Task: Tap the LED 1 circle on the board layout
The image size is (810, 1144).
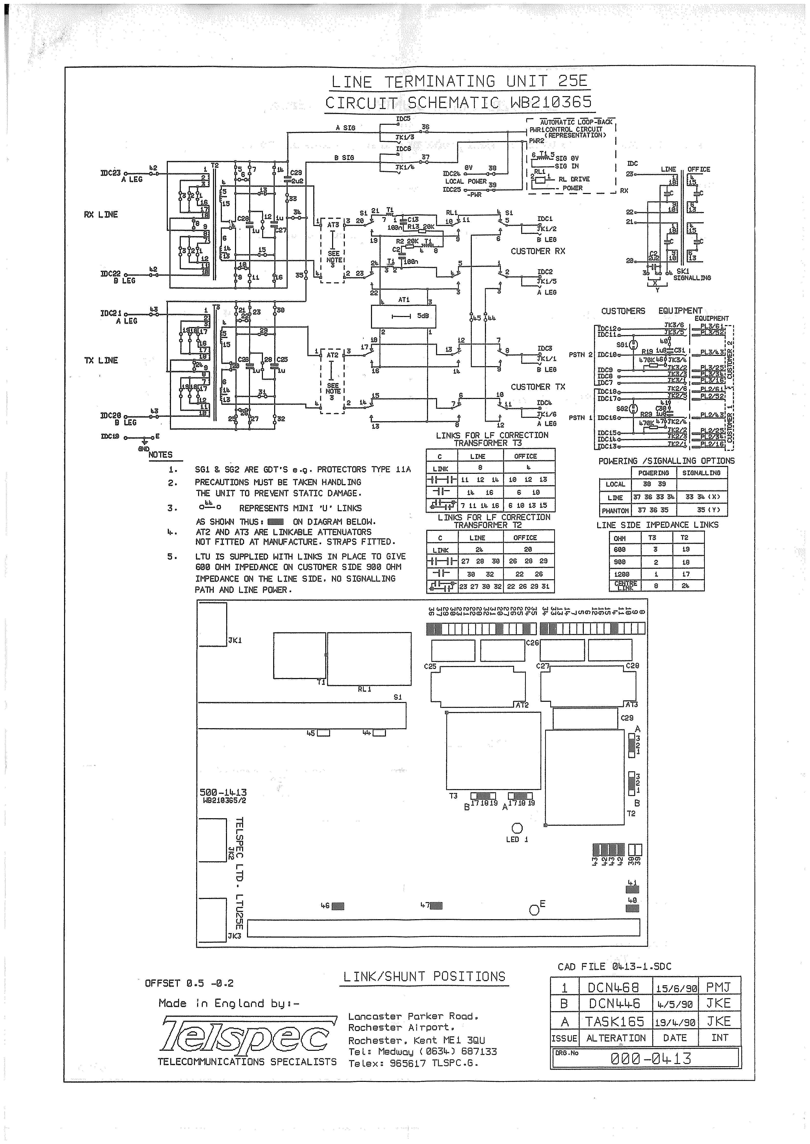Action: [x=517, y=828]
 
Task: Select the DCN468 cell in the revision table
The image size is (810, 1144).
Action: [x=613, y=987]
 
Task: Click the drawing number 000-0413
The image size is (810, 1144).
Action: [x=651, y=1058]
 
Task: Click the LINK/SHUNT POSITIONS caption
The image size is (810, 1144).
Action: [x=425, y=977]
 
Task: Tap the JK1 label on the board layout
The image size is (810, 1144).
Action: [x=235, y=640]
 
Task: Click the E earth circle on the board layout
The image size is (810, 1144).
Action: [x=534, y=910]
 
